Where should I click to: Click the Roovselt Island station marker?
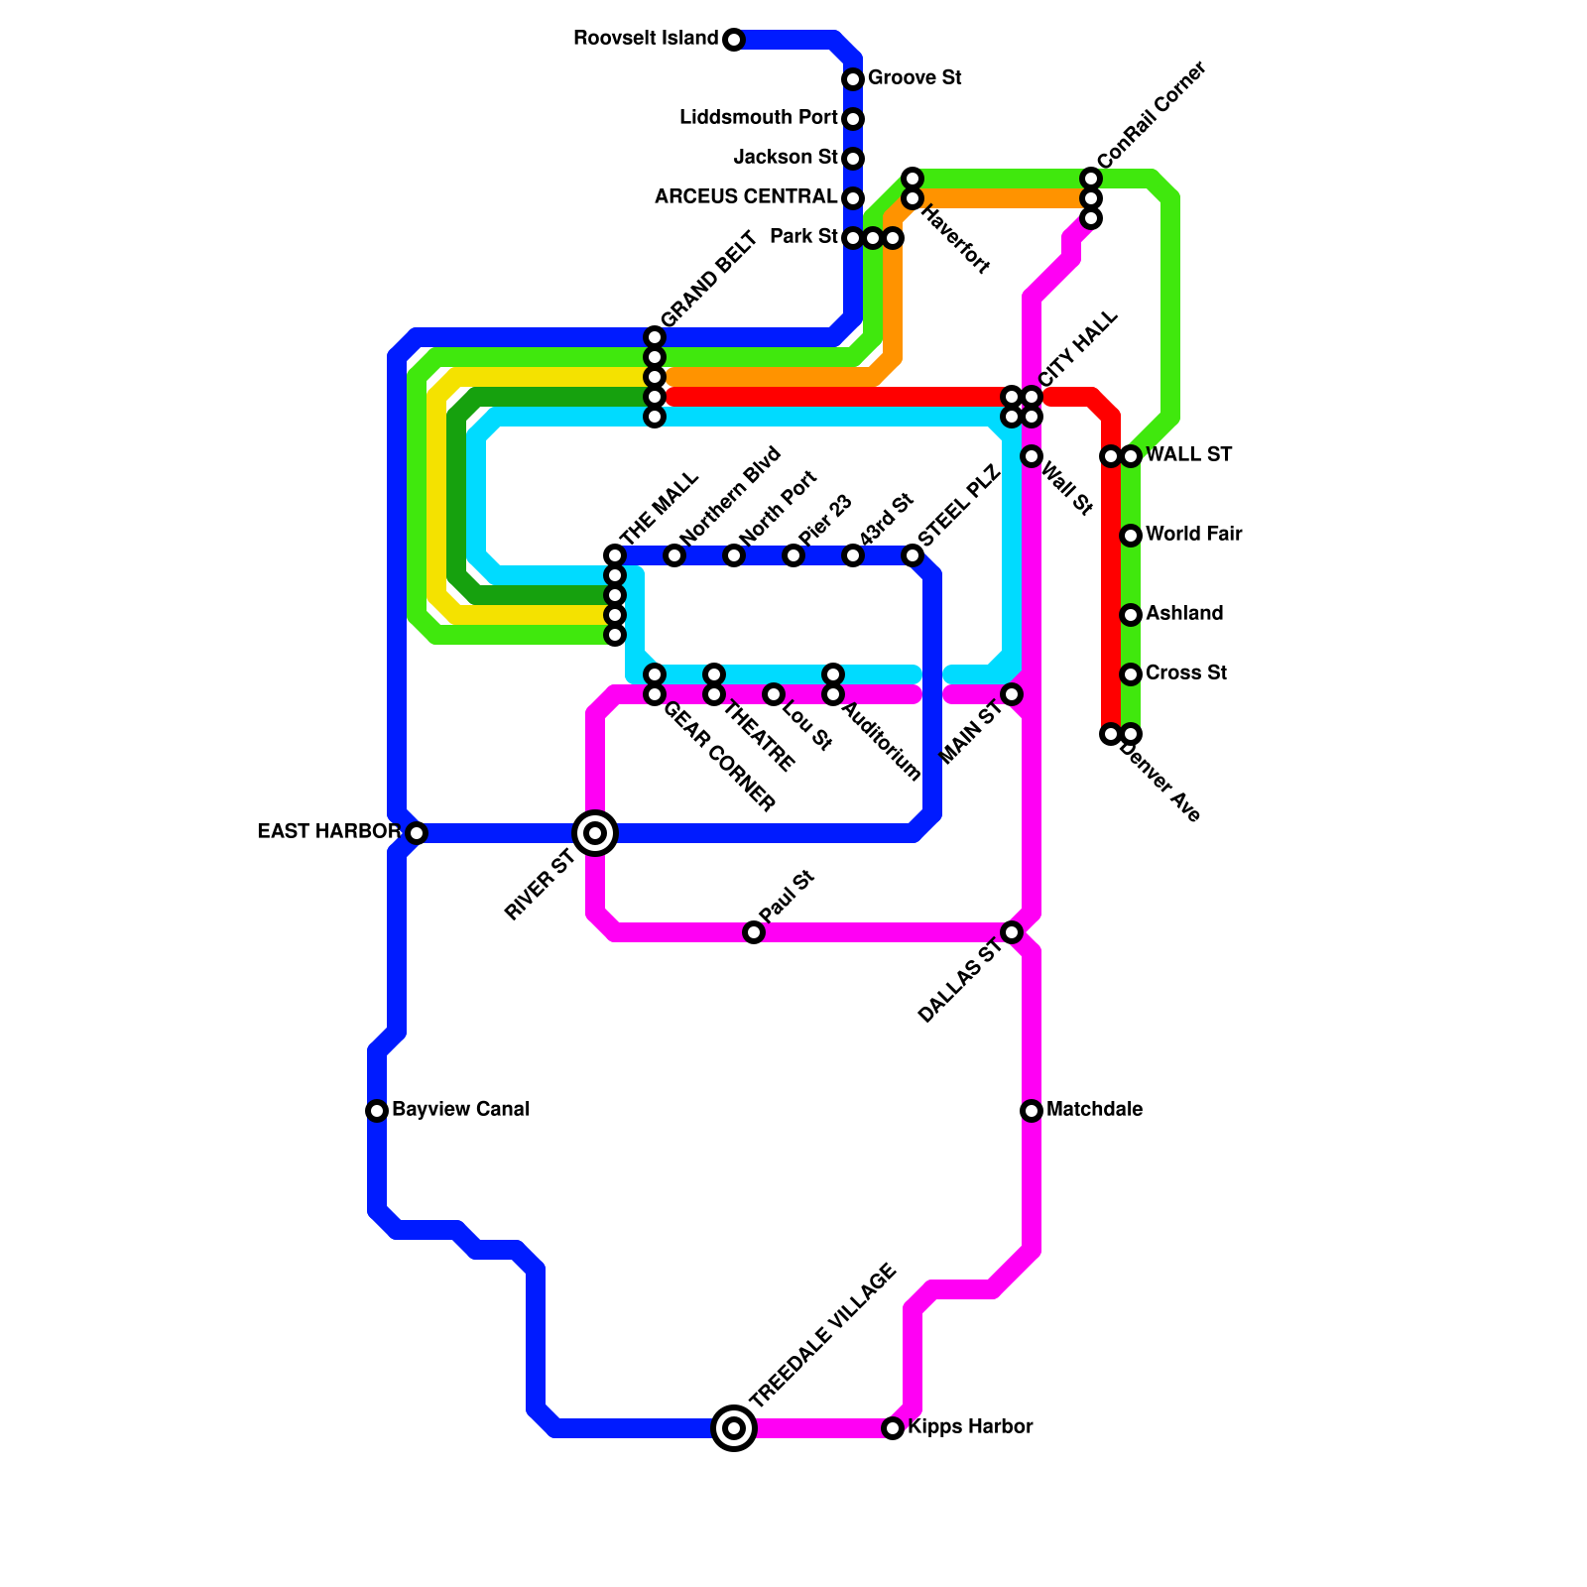[733, 40]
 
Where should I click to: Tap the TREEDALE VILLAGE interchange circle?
[734, 1428]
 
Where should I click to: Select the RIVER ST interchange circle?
[595, 833]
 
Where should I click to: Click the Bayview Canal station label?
[460, 1109]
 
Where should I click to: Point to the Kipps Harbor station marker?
[893, 1428]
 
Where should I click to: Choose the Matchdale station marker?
[1032, 1111]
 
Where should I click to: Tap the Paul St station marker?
[754, 932]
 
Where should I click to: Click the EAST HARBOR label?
[328, 831]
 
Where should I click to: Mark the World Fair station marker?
[1131, 536]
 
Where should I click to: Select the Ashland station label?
[1184, 613]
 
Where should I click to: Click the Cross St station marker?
[1131, 674]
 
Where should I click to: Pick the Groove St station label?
[915, 77]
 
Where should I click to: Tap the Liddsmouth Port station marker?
[853, 119]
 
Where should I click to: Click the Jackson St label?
[786, 157]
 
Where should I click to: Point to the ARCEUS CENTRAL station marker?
[853, 198]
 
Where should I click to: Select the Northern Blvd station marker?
[674, 555]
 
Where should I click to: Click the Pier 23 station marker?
[793, 555]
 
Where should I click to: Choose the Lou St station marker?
[774, 694]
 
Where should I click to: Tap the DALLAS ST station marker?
[1012, 932]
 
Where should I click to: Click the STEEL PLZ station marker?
[913, 555]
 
